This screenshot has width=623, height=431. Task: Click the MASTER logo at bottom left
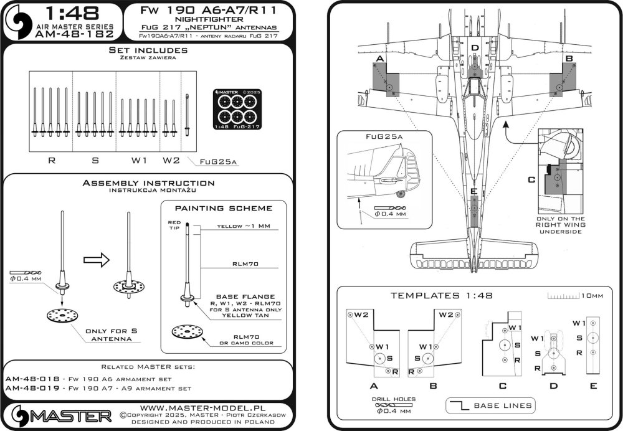59,414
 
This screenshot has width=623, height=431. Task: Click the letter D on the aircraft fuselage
474,49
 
